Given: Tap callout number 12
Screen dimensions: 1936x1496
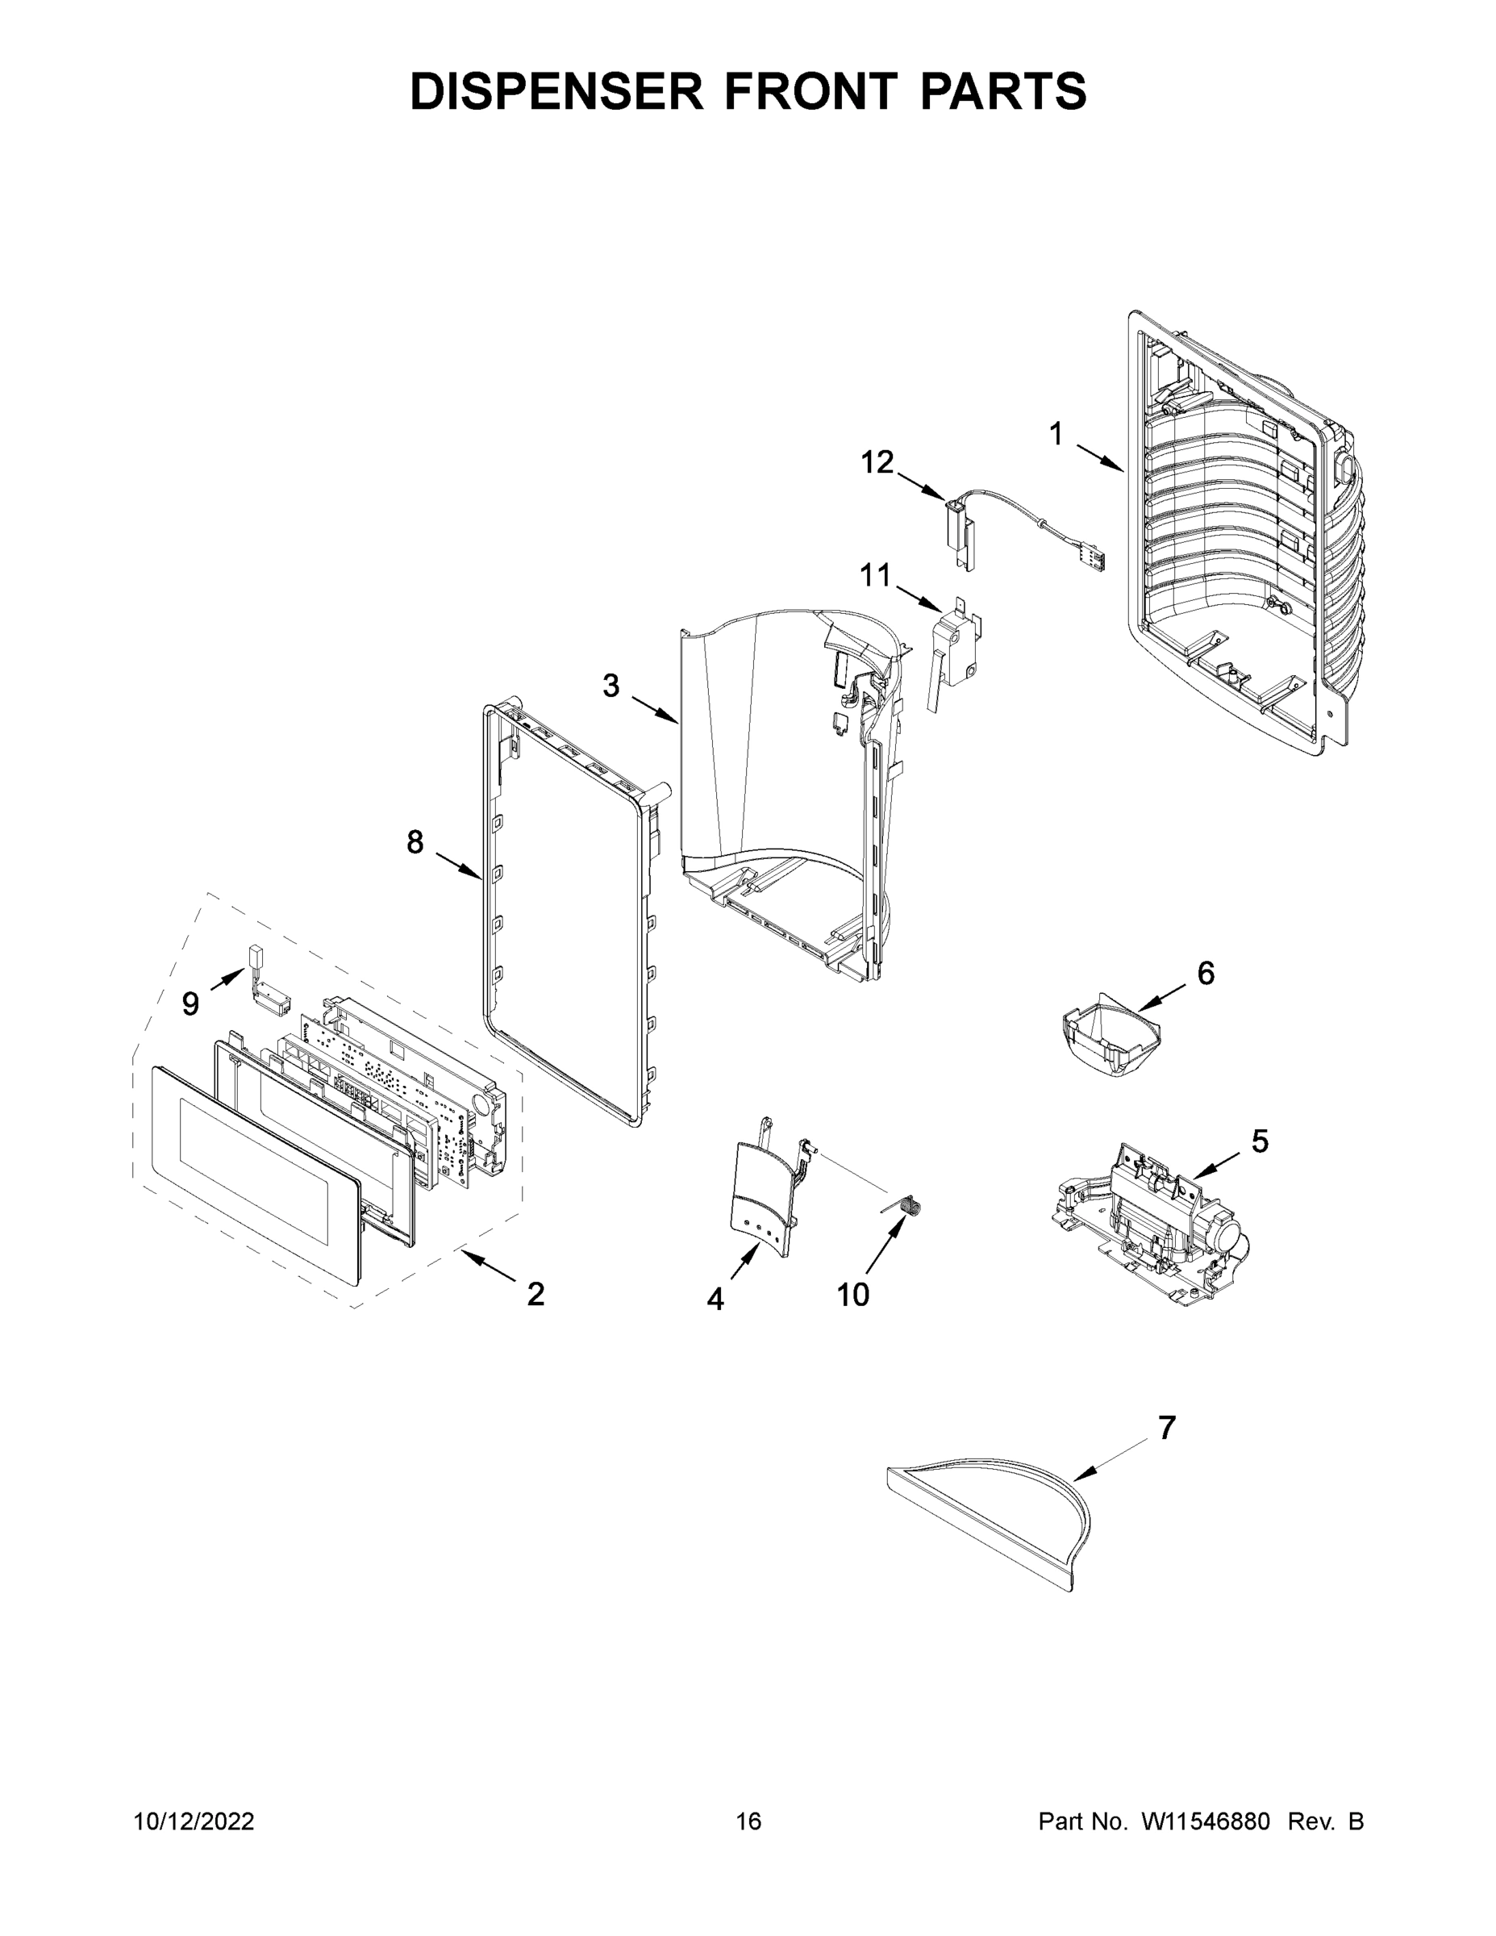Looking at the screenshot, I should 877,462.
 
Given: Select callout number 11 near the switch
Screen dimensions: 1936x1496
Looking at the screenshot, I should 875,576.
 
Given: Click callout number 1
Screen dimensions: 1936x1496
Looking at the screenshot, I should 1056,434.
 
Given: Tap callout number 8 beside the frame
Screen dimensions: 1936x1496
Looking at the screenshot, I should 415,842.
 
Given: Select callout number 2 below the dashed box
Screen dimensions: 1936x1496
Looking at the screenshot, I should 535,1294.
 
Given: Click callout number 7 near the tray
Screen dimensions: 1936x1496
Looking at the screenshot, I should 1166,1428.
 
